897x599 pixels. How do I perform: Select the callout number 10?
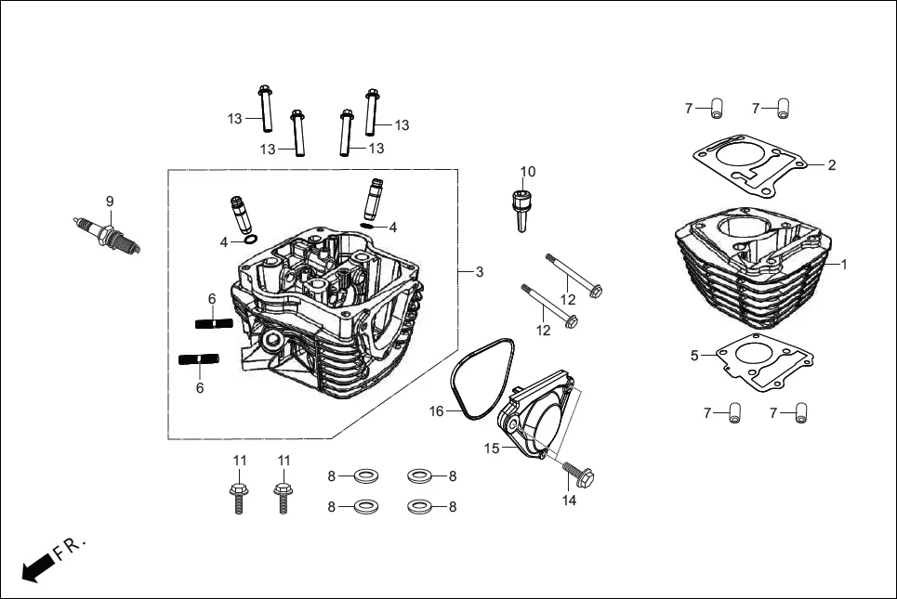[528, 172]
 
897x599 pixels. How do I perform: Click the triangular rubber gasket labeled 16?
[482, 381]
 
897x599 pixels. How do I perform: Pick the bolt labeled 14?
[582, 475]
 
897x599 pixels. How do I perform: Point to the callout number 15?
[492, 448]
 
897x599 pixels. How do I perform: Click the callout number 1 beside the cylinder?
[844, 265]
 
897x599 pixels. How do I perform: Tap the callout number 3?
[479, 272]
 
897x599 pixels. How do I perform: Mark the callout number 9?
[109, 201]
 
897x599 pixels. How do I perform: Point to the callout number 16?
[436, 411]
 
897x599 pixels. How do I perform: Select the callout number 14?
[570, 501]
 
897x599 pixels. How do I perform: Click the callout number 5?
[694, 356]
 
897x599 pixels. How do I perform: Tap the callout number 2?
[832, 165]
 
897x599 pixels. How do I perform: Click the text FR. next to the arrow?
[71, 547]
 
